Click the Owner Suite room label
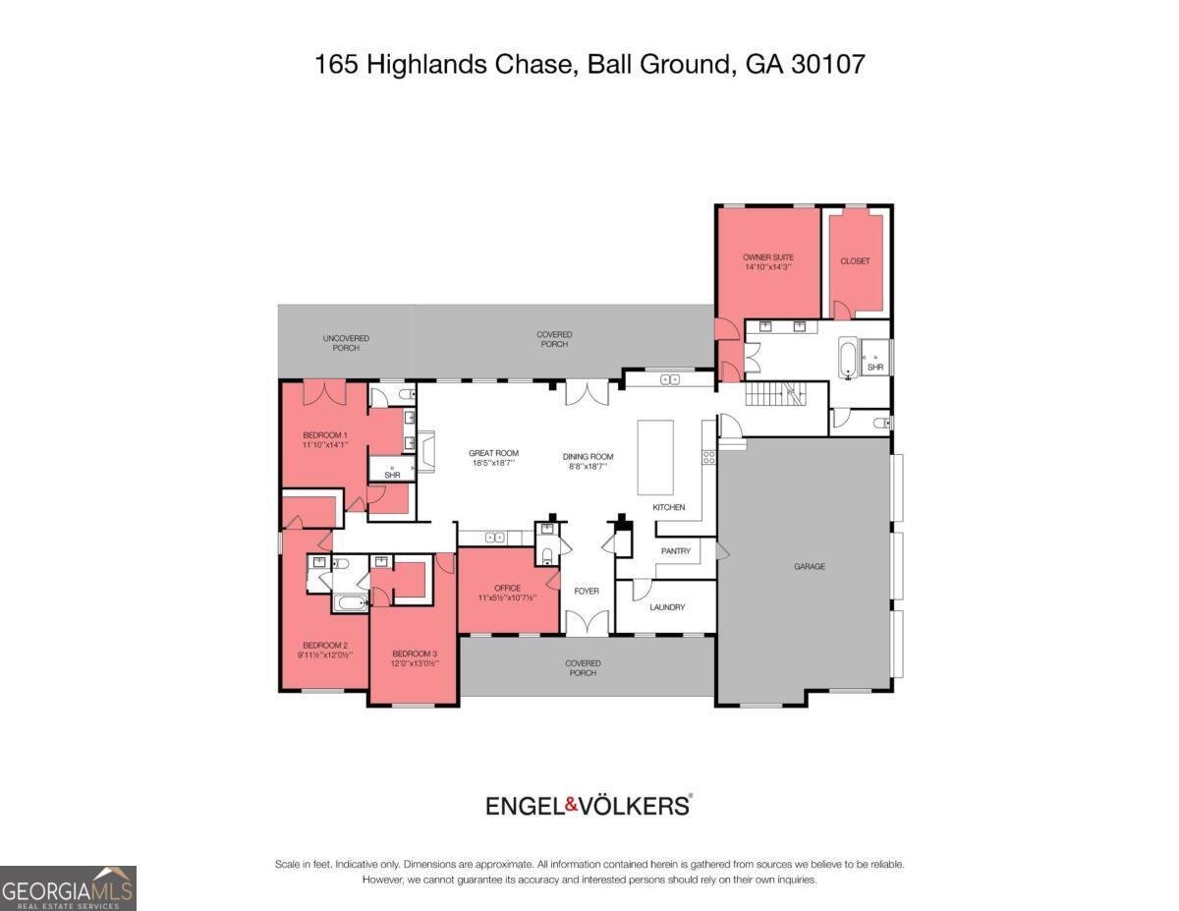tap(767, 257)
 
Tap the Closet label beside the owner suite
tap(855, 261)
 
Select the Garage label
tap(810, 567)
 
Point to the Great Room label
tap(493, 454)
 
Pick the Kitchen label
tap(669, 508)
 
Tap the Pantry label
tap(675, 551)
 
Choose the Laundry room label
tap(667, 607)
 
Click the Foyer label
tap(587, 591)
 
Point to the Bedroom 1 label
tap(324, 435)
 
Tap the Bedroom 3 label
tap(415, 654)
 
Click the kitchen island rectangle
tap(655, 458)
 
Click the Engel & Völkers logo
tap(589, 806)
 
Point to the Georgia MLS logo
tap(68, 887)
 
